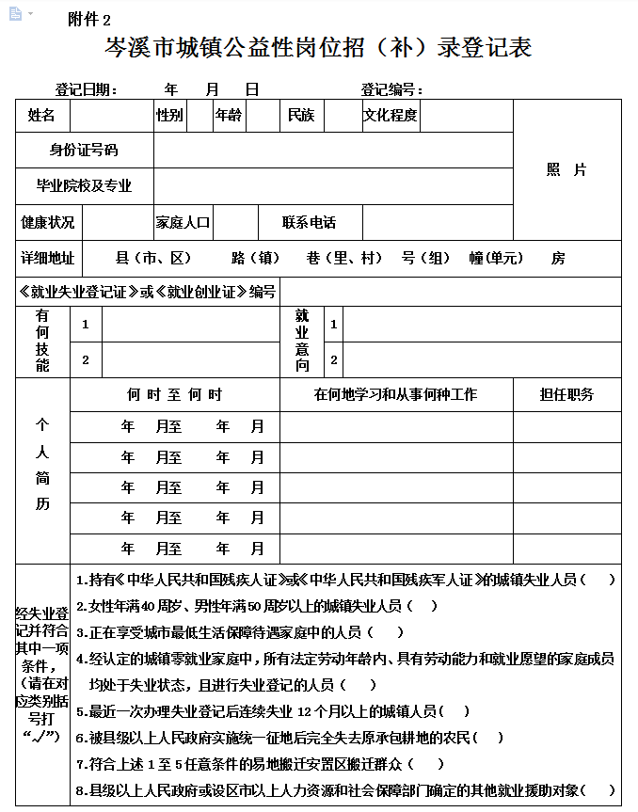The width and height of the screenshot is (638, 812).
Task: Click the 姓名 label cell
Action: click(x=42, y=116)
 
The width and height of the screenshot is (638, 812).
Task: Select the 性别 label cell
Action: click(x=170, y=116)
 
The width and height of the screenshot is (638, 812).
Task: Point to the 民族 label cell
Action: click(x=301, y=116)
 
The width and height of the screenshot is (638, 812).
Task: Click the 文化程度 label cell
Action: click(x=391, y=116)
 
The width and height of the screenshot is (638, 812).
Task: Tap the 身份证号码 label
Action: click(x=84, y=151)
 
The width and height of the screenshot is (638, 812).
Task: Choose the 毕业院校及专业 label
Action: click(x=84, y=186)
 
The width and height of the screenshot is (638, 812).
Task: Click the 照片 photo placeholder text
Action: click(x=566, y=170)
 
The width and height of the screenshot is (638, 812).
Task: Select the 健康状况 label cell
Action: click(x=48, y=223)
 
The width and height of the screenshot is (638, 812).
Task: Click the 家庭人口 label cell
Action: click(x=183, y=223)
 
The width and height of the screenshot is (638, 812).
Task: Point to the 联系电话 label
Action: click(x=310, y=223)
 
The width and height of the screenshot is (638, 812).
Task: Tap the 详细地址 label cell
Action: click(x=48, y=259)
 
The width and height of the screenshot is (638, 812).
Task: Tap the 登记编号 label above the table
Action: click(x=391, y=90)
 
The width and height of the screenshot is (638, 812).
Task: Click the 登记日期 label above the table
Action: click(x=86, y=90)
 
